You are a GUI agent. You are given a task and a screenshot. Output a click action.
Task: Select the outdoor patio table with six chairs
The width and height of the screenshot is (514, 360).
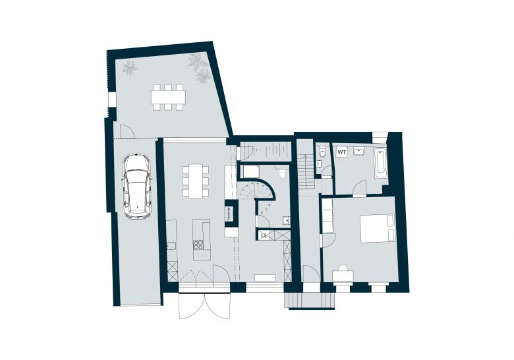tap(167, 97)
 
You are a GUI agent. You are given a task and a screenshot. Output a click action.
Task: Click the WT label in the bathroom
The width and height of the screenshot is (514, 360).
tap(342, 152)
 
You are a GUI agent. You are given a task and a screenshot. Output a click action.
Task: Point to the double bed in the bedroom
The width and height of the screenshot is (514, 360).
tap(376, 227)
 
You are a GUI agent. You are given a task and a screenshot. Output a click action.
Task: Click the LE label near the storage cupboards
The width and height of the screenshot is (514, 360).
tap(264, 235)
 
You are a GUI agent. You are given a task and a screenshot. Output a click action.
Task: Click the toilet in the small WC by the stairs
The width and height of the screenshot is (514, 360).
tap(322, 153)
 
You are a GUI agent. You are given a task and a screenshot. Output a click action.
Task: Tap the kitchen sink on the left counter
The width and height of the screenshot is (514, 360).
tap(171, 245)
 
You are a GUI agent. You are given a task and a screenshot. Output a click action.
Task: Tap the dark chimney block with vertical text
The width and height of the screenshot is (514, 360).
tap(229, 212)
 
